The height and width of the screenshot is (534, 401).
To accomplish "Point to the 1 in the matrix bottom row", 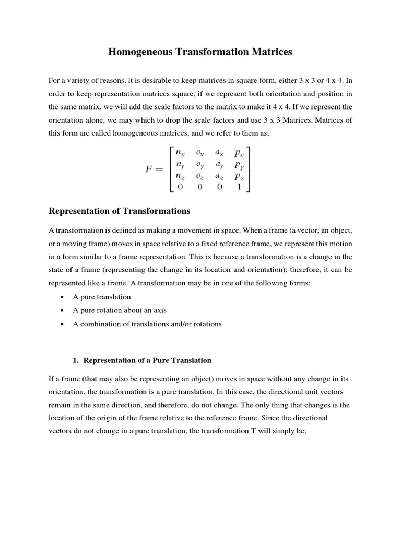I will pos(239,187).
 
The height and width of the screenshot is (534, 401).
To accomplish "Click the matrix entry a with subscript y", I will pos(219,165).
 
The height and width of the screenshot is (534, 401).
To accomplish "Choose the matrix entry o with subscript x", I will pos(200,153).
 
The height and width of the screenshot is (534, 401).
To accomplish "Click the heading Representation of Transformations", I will pos(120,211).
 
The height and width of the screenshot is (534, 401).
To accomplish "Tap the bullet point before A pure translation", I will pos(63,297).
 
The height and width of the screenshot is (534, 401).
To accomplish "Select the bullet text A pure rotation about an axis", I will pos(120,310).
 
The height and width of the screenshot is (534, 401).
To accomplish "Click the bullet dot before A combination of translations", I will pos(63,324).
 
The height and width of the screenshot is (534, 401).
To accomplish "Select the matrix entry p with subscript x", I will pos(240,153).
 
